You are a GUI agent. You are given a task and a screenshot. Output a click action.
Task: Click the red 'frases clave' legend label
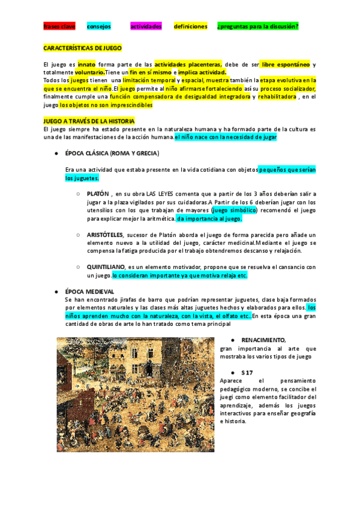coord(59,27)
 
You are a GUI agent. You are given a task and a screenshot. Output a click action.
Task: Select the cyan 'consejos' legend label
coord(98,27)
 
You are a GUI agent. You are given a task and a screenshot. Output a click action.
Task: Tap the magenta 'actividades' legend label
coord(146,27)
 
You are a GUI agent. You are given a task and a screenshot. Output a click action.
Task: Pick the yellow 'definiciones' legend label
coord(190,27)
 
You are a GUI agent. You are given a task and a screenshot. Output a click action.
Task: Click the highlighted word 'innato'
coord(86,64)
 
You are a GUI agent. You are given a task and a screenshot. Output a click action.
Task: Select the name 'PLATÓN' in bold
coord(98,194)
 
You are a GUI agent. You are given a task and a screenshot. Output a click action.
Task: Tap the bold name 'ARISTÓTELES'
coord(105,234)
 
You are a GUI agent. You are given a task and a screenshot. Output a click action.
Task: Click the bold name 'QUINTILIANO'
coord(106,267)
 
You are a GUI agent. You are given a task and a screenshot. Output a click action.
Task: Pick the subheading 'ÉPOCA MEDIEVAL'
coord(89,291)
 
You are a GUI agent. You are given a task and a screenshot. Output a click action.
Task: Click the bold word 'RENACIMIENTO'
coord(263,340)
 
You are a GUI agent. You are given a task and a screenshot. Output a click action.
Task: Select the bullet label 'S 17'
coord(247,372)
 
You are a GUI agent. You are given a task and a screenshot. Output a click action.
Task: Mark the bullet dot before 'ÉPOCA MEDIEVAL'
coord(55,291)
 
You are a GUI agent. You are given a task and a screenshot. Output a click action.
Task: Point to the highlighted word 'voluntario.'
coord(89,72)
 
